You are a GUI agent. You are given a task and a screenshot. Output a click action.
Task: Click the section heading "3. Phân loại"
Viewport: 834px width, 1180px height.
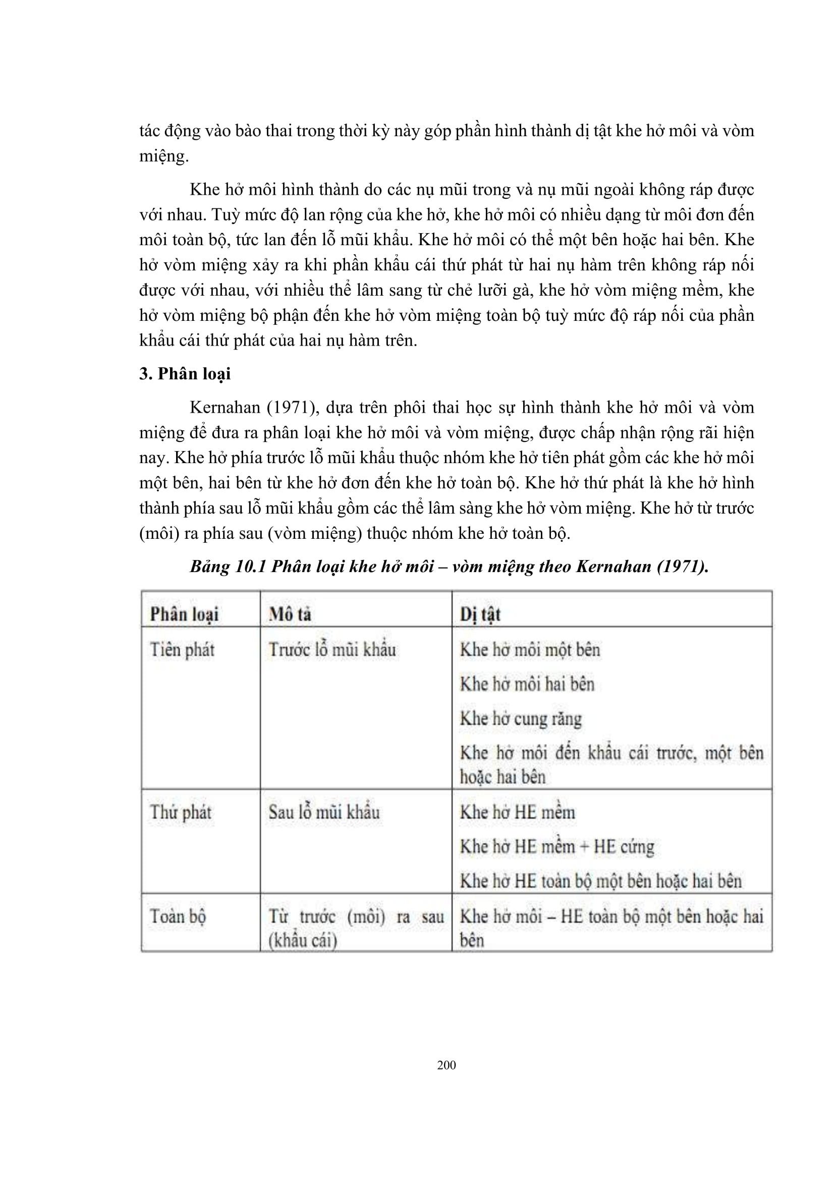[x=185, y=374]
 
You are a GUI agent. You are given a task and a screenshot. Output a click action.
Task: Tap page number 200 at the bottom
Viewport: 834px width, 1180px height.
[x=446, y=1064]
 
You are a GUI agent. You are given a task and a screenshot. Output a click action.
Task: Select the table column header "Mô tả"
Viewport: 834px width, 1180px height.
[x=290, y=614]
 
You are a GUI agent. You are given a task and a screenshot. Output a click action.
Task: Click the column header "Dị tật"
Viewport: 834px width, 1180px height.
[x=480, y=614]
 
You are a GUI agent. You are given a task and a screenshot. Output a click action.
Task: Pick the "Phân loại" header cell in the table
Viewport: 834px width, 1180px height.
[x=184, y=614]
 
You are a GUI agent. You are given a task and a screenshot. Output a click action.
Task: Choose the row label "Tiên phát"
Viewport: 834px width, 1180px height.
[x=182, y=650]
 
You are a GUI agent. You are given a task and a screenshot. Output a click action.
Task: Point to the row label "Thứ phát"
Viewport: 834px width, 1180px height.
[x=181, y=812]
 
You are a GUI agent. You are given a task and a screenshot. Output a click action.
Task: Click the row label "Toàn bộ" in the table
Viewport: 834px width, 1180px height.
[x=178, y=916]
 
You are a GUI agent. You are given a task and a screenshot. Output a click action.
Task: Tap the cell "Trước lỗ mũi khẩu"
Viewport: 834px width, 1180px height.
[x=332, y=650]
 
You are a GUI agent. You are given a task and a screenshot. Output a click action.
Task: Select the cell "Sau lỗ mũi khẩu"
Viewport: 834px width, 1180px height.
[x=324, y=812]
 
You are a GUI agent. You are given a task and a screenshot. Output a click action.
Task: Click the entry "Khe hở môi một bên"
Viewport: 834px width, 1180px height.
[x=530, y=650]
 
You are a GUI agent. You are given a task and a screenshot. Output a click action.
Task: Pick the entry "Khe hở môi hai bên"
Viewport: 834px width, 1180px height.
[x=527, y=684]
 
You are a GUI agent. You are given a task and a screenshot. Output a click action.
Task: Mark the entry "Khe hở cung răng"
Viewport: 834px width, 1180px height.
[x=521, y=718]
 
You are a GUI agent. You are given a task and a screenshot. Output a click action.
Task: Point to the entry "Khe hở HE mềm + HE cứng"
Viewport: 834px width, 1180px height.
[x=557, y=847]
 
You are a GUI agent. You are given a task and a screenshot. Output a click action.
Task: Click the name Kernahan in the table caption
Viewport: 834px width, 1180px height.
[x=614, y=567]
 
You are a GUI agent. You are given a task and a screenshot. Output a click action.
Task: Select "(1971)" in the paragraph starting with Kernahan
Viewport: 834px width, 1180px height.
[x=291, y=408]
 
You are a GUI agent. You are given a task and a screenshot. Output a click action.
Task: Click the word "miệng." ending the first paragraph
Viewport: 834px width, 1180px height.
[x=164, y=156]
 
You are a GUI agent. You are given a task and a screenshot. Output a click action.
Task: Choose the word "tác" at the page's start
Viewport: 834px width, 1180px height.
[x=149, y=131]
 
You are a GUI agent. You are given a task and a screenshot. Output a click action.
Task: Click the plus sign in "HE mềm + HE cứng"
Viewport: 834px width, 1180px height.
[x=584, y=847]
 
